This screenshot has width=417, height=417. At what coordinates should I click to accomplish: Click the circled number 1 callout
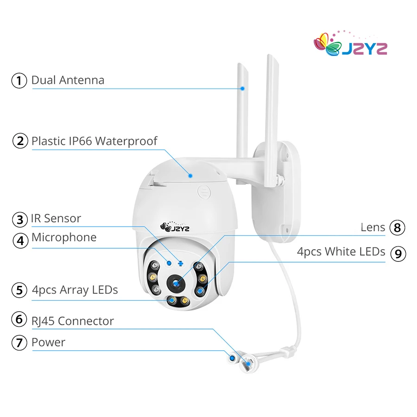(19, 81)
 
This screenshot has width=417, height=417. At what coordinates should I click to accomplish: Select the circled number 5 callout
(19, 291)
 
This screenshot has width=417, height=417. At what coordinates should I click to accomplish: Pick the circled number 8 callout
(398, 227)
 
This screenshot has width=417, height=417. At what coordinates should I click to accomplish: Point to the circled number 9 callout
(398, 253)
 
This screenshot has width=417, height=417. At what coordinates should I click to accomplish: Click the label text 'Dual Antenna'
(68, 80)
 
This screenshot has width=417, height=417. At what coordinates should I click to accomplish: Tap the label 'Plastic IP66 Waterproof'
(95, 141)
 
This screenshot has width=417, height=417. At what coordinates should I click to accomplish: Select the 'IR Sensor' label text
(56, 218)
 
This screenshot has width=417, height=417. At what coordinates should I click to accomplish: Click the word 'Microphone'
(64, 238)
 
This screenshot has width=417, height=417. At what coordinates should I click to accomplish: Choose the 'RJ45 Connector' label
(73, 321)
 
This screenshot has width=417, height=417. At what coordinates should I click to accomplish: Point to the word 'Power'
(48, 343)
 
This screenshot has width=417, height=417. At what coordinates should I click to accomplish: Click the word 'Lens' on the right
(373, 227)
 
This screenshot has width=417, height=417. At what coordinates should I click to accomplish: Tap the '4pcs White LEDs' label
(341, 252)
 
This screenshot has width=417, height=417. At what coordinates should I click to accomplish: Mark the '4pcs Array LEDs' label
(75, 291)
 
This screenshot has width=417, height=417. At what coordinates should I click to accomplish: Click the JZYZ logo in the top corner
(350, 45)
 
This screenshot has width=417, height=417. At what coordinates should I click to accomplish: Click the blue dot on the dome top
(190, 175)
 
